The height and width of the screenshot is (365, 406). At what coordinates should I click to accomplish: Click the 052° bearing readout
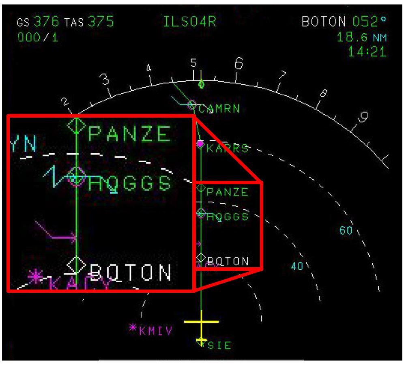(367, 23)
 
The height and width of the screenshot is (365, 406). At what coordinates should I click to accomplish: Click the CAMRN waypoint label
(219, 109)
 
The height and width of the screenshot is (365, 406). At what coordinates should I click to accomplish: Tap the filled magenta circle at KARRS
(200, 144)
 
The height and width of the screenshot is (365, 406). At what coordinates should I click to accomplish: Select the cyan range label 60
(346, 230)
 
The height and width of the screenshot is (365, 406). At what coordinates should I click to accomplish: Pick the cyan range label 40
(297, 266)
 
